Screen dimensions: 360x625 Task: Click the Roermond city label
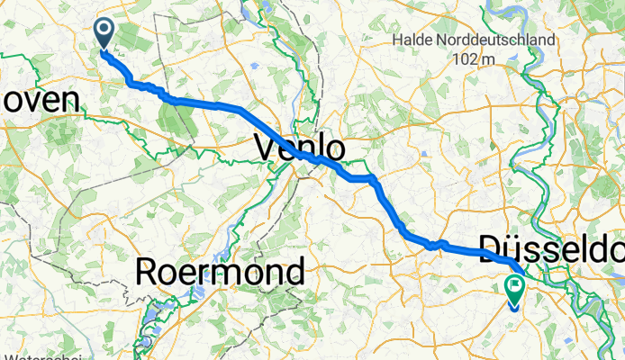coord(220,270)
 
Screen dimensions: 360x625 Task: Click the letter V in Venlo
coord(268,147)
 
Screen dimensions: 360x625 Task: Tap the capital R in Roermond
coord(150,270)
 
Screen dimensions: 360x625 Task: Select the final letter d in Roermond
coord(294,270)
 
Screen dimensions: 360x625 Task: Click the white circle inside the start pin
coord(104,31)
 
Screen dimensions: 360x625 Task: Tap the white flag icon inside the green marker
coord(516,287)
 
